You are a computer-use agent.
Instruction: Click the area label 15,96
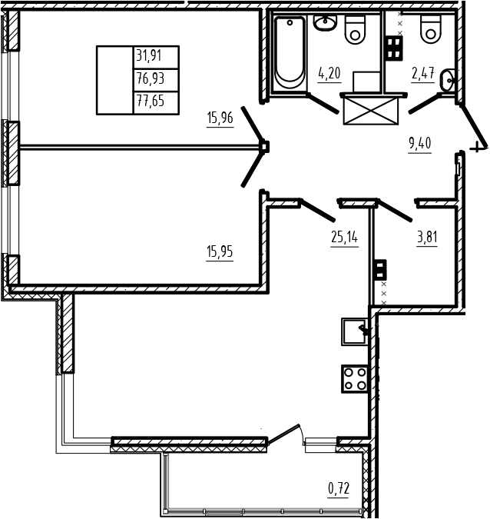pos(220,118)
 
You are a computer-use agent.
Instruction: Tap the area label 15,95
pos(220,251)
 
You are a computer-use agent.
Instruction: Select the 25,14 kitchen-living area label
pos(344,237)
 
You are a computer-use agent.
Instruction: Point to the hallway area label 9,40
pos(420,143)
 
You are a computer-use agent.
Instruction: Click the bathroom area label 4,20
pos(329,73)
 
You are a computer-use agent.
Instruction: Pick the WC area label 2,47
pos(423,73)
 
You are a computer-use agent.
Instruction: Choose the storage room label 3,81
pos(427,237)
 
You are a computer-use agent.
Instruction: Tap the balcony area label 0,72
pos(339,488)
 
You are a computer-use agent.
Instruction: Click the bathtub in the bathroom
pos(290,53)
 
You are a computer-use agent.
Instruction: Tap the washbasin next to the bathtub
pos(325,23)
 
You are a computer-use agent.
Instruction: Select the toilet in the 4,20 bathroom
pos(355,30)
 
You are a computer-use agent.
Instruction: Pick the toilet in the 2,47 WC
pos(431,29)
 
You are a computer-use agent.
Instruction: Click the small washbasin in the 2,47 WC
pos(447,80)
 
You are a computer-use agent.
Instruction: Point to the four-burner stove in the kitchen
pos(355,379)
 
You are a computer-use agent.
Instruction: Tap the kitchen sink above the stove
pos(354,331)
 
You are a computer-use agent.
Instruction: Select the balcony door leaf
pos(284,433)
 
